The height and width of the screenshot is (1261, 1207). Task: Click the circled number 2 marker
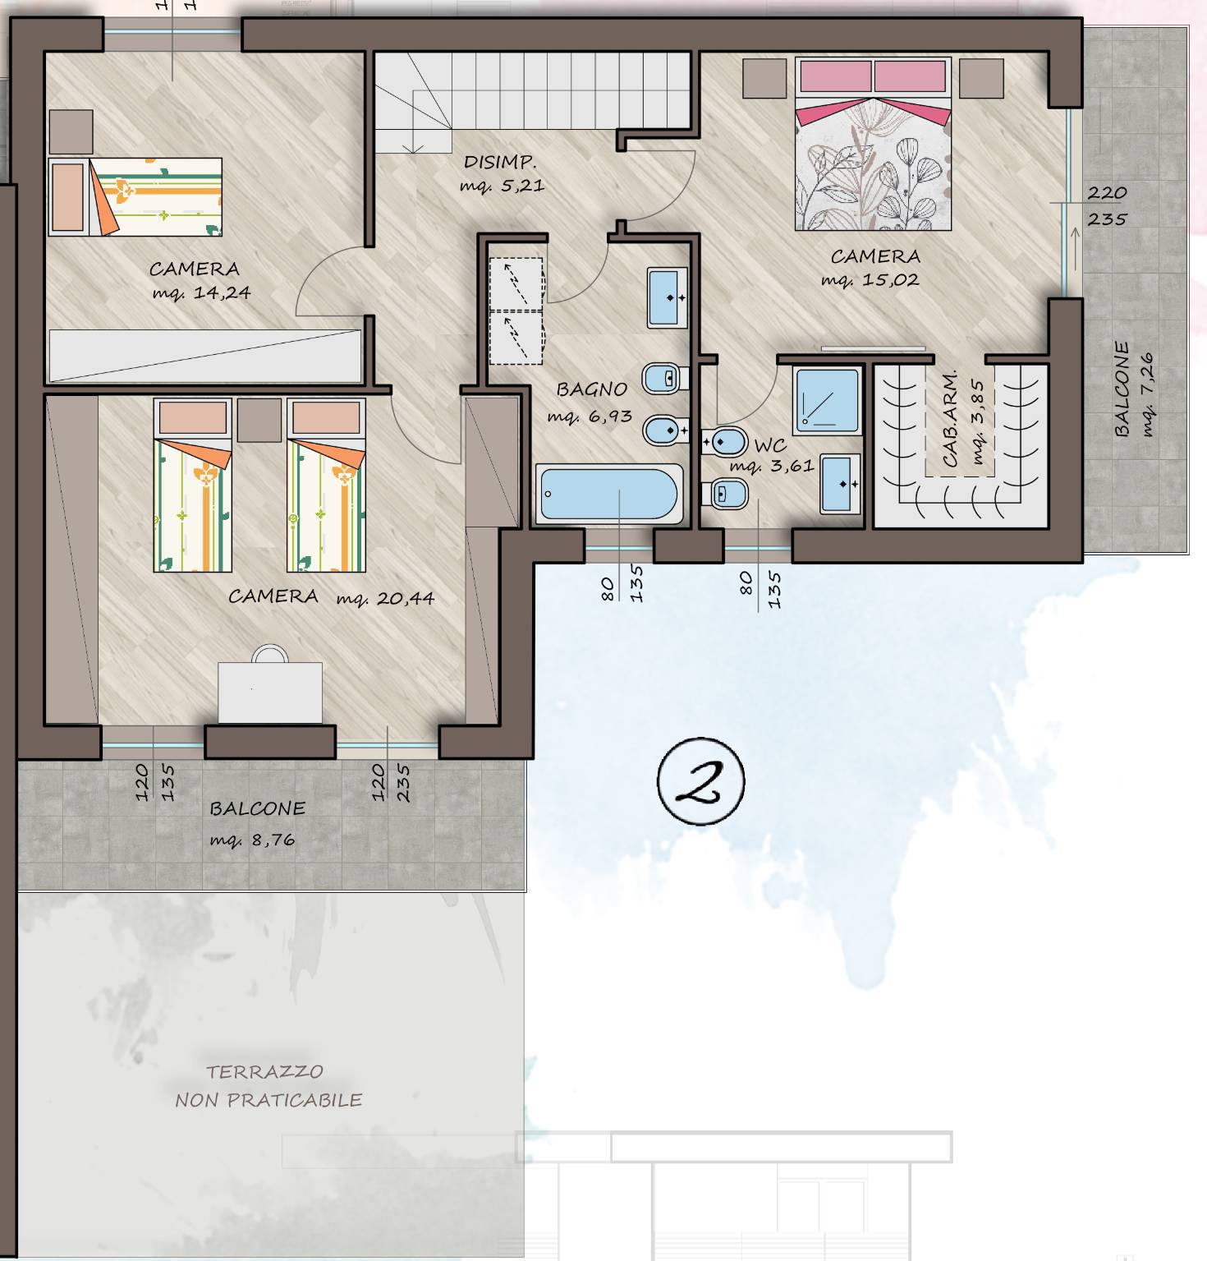(x=700, y=781)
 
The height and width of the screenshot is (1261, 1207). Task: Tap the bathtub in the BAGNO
(x=609, y=495)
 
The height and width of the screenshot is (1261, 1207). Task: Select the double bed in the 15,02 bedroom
(x=873, y=144)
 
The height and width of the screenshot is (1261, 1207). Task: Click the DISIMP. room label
(x=500, y=162)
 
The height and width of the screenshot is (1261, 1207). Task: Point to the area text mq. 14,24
(x=201, y=293)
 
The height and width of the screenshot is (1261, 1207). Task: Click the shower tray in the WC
(x=827, y=400)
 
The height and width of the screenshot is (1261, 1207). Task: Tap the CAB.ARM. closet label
(x=950, y=420)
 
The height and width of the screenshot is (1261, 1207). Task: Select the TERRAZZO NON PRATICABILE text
(x=268, y=1085)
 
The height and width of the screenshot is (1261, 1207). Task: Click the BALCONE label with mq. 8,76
(x=257, y=809)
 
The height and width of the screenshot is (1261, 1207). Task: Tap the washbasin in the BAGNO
(x=668, y=297)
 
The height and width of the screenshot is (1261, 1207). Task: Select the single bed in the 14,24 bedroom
(x=135, y=196)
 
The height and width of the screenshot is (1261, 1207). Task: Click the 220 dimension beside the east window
(x=1107, y=193)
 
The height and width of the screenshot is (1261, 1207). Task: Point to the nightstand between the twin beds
(x=259, y=421)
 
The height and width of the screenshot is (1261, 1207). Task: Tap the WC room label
(x=770, y=446)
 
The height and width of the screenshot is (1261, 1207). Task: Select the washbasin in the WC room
(x=840, y=483)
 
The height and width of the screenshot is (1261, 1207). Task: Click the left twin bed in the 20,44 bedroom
(x=193, y=485)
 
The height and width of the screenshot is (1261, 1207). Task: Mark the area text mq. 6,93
(x=590, y=416)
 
